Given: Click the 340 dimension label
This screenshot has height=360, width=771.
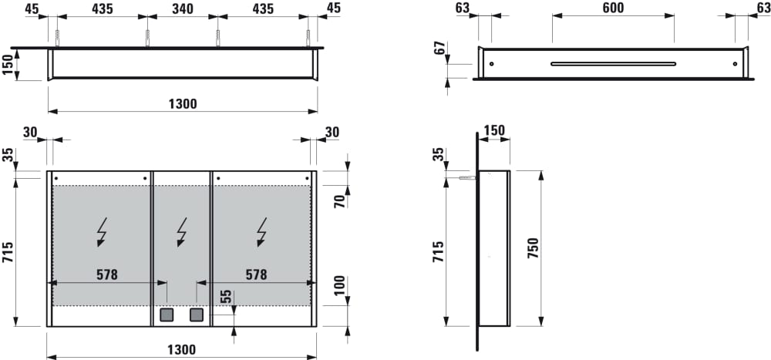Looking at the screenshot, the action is click(x=183, y=8).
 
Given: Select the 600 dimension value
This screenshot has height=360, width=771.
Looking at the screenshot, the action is click(x=613, y=8).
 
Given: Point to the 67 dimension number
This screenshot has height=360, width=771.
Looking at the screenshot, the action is click(x=440, y=48).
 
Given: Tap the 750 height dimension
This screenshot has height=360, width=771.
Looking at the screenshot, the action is click(x=534, y=248).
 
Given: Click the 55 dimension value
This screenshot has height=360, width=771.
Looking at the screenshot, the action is click(x=225, y=297).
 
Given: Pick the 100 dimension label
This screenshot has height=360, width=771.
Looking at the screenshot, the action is click(x=339, y=286).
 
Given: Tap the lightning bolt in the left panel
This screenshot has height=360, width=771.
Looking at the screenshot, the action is click(x=103, y=231).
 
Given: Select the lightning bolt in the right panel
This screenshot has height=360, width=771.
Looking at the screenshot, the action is click(x=262, y=231).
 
